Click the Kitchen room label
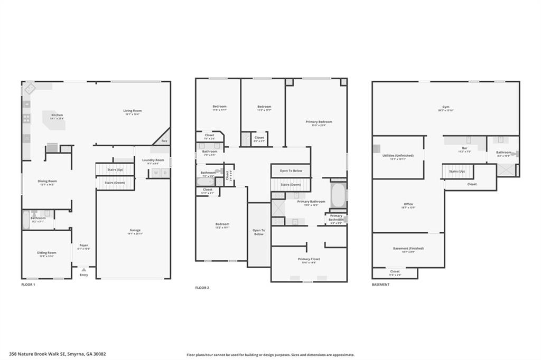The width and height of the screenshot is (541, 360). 57,115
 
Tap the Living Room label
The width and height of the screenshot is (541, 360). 133,111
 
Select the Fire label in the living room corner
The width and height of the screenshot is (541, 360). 164,141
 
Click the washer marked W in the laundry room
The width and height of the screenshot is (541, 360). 155,173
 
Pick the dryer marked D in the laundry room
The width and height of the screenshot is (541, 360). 165,173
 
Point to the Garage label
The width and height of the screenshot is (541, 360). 135,230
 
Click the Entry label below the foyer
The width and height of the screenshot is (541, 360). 84,274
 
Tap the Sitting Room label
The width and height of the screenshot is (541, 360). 46,253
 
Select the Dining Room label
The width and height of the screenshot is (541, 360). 47,181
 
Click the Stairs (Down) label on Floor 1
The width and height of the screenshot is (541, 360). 115,183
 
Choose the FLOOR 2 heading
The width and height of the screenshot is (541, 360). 202,288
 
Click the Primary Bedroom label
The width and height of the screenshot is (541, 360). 319,122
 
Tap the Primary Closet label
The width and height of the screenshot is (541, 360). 309,259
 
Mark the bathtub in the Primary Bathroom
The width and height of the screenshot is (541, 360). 338,196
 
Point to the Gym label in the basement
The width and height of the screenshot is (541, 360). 445,107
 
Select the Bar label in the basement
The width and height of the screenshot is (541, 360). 464,149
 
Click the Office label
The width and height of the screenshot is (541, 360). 408,204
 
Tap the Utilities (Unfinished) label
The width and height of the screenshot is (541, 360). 398,156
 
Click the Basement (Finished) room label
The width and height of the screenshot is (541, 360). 408,248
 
